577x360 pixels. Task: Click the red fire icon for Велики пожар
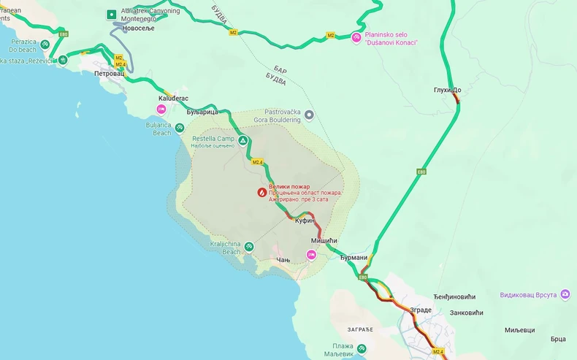[x=261, y=192]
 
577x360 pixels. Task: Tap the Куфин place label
[x=305, y=220]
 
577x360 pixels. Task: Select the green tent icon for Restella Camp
[x=242, y=140]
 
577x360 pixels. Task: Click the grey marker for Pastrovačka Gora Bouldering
[x=309, y=115]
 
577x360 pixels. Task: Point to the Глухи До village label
[x=446, y=90]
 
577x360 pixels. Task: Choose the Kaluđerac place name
[x=173, y=98]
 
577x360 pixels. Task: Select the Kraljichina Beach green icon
[x=249, y=246]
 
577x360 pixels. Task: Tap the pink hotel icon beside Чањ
[x=311, y=254]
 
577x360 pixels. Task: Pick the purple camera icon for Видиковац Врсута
[x=565, y=294]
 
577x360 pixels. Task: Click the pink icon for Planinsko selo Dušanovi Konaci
[x=356, y=37]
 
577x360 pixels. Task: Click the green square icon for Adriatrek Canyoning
[x=111, y=14]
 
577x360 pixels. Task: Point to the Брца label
[x=558, y=339]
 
